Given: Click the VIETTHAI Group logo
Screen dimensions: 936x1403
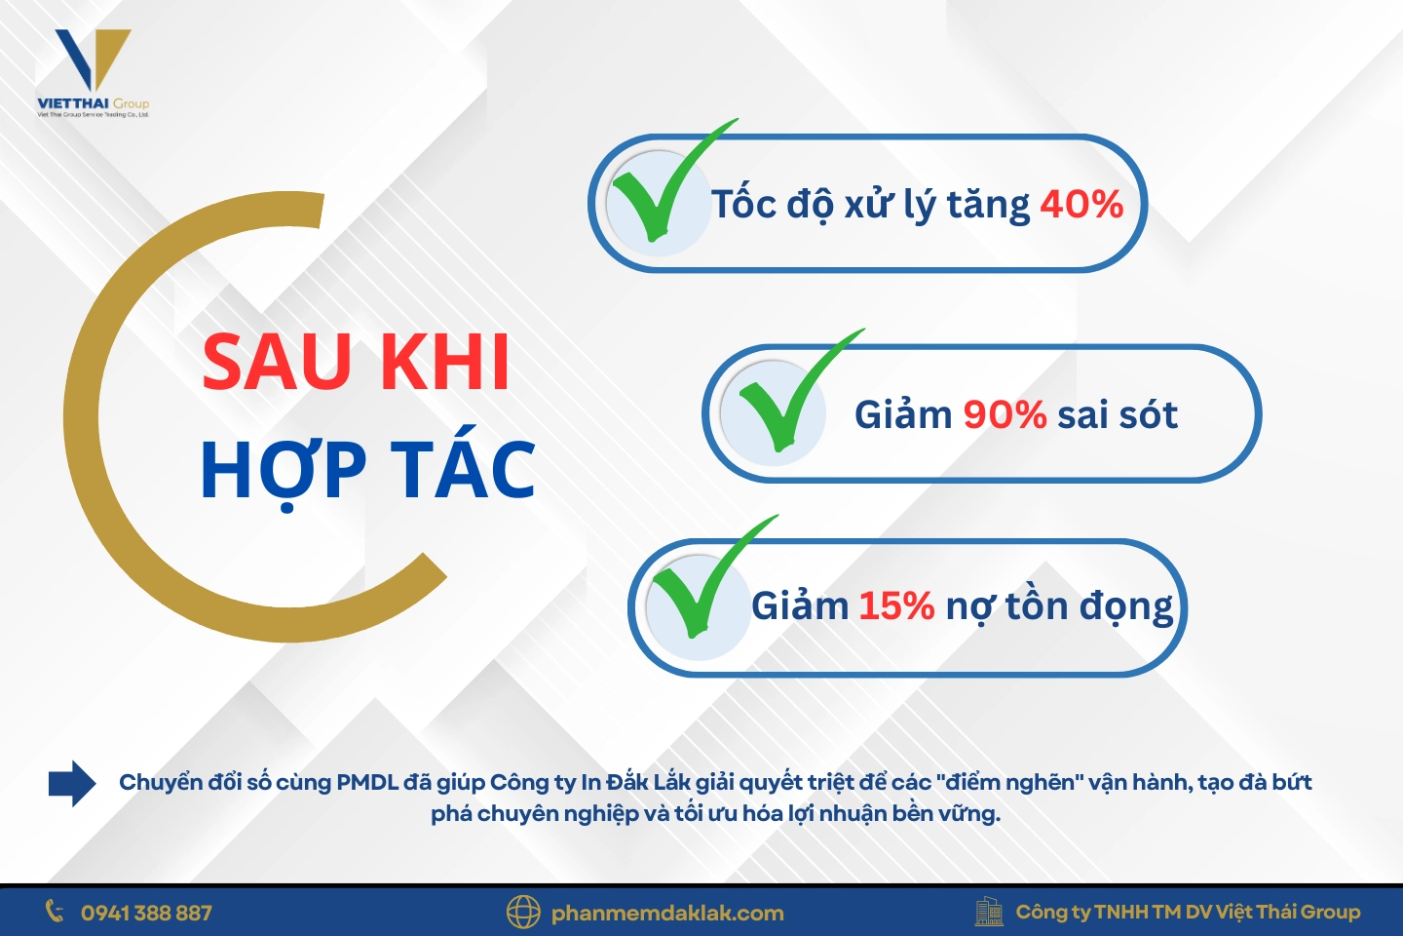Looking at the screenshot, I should (x=93, y=74).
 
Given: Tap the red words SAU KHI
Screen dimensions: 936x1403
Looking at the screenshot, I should (x=356, y=363).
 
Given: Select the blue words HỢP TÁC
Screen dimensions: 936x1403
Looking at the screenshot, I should (x=367, y=471).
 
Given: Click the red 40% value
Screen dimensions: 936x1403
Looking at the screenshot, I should (x=1081, y=205).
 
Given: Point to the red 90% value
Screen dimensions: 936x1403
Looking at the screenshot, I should (x=1005, y=415).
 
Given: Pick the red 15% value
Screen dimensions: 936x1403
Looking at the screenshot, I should (x=896, y=606).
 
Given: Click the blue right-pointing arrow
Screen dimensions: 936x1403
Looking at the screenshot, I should (x=72, y=783).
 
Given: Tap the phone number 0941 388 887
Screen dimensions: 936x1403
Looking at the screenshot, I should (x=146, y=914).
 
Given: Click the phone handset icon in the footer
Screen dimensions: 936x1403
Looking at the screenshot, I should (x=55, y=912).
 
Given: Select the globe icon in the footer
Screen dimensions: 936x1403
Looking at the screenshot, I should (x=523, y=913).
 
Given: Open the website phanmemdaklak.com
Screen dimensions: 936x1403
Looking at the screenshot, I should (x=667, y=914).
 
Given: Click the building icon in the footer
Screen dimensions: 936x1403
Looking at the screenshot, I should (x=989, y=912).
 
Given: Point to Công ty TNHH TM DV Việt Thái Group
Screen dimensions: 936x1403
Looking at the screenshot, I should (x=1188, y=913).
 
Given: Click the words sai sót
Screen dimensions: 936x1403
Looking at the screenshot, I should (x=1118, y=415).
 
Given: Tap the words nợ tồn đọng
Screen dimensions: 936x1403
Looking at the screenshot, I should (x=1060, y=606).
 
